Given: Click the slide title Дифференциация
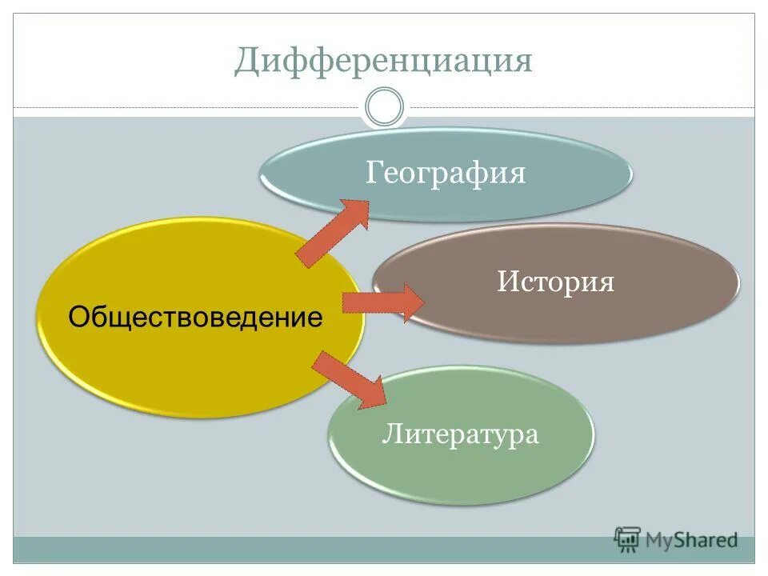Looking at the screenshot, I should tap(383, 61).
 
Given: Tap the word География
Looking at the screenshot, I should tap(446, 173).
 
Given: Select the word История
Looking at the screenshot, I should tap(555, 282).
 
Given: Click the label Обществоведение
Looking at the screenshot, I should tap(195, 318).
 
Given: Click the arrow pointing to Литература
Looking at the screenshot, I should tap(349, 379).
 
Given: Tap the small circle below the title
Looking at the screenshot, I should tap(384, 107).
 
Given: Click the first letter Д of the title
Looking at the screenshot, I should tap(246, 62).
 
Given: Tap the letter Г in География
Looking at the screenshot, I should tap(372, 173).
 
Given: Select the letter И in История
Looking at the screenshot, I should tap(506, 282).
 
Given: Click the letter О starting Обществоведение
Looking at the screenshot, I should tap(78, 318).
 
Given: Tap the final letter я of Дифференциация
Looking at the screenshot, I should tap(522, 62).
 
